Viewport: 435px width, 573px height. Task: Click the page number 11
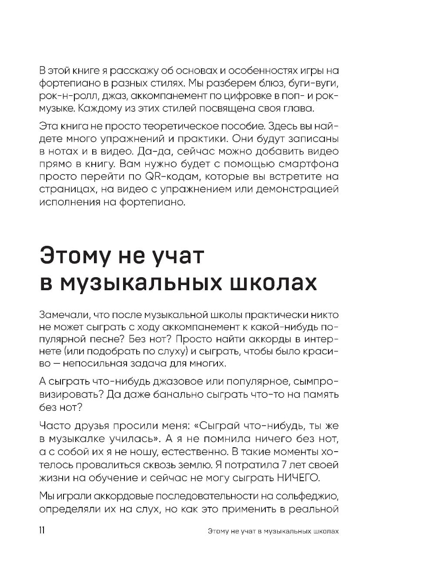42,531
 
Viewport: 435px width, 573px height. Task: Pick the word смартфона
306,164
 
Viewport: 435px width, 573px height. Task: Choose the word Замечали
66,315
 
